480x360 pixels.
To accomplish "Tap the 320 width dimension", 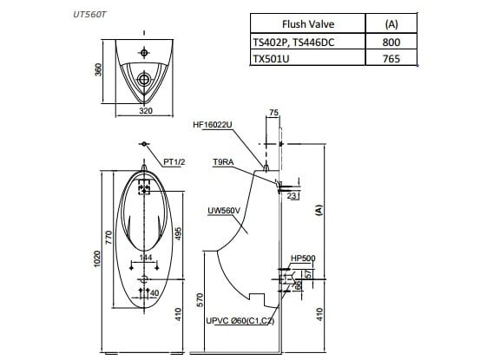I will click(146, 111).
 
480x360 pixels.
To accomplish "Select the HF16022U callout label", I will click(213, 125).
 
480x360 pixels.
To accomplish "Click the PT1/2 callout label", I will click(174, 162).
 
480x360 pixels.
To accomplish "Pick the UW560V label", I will click(223, 209).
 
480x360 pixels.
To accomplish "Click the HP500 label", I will click(303, 258).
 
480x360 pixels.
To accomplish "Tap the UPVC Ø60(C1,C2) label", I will click(240, 321).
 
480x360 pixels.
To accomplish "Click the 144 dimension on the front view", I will click(147, 258).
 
